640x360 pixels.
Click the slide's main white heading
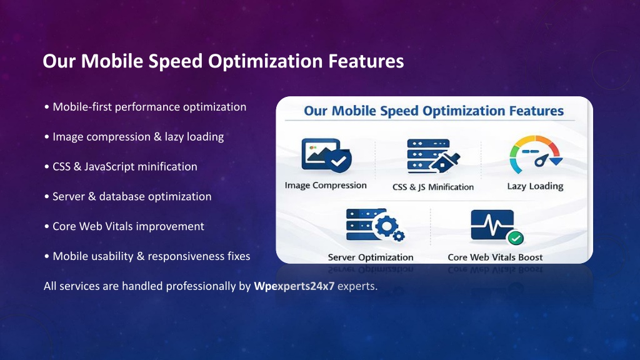pos(223,61)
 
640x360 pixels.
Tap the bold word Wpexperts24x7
pos(294,286)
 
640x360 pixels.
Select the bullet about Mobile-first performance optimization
pos(145,107)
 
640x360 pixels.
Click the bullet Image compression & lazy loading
pos(134,137)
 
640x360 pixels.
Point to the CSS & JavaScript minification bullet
pos(121,166)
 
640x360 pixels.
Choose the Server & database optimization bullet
pos(127,196)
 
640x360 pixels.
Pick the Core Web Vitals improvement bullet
pos(124,226)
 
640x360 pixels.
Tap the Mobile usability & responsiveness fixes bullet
pos(147,256)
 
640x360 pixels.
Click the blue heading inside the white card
pos(434,111)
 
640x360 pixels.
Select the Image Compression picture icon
pos(326,156)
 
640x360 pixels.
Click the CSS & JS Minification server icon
pos(433,156)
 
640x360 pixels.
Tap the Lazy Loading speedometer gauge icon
pos(536,154)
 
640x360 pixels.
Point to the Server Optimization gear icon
pos(375,225)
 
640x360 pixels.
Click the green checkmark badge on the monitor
pos(516,237)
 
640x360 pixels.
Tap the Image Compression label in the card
pos(326,185)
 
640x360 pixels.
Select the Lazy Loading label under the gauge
pos(535,186)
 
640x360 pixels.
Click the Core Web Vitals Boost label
pos(495,257)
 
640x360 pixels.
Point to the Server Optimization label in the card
pos(371,257)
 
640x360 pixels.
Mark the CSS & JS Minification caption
pos(433,187)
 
